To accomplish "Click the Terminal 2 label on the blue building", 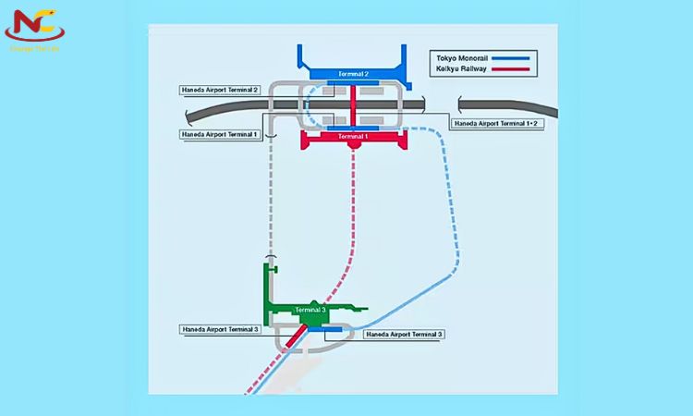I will point(354,73).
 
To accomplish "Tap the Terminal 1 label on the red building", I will point(354,136).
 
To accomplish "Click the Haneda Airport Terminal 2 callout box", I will point(220,90).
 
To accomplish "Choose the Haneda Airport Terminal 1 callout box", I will point(220,134).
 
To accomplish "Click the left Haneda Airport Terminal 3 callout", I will point(220,329).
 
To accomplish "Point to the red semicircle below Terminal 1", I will point(353,144).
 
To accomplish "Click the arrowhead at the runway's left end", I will point(188,113).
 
